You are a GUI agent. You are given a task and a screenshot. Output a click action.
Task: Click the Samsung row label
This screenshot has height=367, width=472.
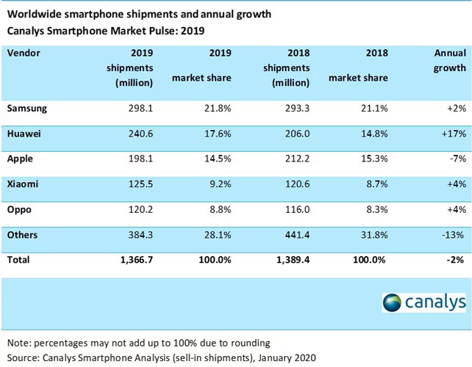[27, 109]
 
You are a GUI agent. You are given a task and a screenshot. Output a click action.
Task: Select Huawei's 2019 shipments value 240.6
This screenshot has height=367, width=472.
[137, 133]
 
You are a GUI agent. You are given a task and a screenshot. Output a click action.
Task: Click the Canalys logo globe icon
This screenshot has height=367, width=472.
[393, 302]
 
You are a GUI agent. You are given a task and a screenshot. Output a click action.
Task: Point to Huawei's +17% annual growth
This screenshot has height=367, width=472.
[452, 133]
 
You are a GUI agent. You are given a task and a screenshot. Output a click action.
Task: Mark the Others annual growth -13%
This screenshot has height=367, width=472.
[452, 236]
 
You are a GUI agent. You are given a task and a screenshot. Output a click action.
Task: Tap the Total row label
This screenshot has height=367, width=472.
[19, 260]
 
